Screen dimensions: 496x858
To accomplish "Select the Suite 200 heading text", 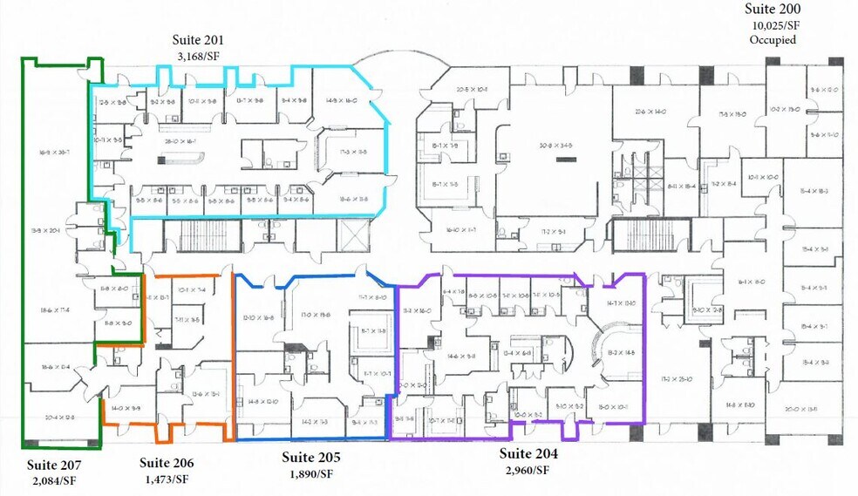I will click(773, 9).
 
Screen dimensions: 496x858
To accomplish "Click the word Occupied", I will click(773, 39).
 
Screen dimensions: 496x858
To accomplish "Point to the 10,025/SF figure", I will click(773, 24).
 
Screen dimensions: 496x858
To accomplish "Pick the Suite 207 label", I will click(54, 463).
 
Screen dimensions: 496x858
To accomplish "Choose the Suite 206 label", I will click(166, 463).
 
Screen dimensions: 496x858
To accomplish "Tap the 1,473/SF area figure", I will click(166, 479).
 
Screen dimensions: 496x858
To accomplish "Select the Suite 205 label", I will click(311, 457).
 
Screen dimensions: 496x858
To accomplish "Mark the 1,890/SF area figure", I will click(311, 472).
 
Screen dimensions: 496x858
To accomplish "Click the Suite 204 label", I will click(528, 454).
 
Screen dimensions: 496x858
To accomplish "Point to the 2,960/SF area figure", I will click(528, 471).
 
